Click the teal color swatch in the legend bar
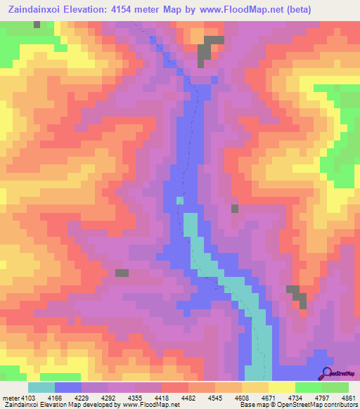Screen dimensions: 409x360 [41, 387]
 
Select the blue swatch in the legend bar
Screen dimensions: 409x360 [68, 387]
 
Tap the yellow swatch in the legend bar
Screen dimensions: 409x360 [281, 387]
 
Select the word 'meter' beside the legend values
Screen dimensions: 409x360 [10, 397]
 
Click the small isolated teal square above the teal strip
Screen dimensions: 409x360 [180, 201]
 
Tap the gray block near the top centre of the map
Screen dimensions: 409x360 [205, 51]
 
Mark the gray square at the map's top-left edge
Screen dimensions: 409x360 [37, 24]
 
